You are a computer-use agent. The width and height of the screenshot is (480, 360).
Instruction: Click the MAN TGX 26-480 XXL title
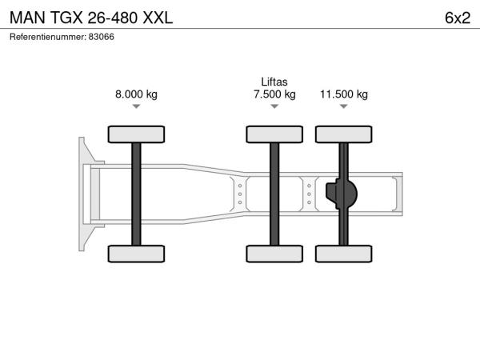click(x=91, y=18)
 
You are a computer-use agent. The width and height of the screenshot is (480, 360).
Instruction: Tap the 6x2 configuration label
click(x=458, y=18)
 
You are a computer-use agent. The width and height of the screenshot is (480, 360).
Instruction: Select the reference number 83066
click(x=102, y=37)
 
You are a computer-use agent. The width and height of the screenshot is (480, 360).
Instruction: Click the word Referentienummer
click(x=48, y=37)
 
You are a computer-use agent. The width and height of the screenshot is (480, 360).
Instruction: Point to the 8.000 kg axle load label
click(x=136, y=94)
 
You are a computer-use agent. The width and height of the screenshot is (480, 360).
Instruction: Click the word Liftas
click(x=274, y=82)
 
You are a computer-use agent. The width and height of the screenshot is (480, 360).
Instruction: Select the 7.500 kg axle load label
click(x=274, y=94)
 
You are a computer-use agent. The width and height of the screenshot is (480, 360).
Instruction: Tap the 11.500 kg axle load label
click(x=344, y=94)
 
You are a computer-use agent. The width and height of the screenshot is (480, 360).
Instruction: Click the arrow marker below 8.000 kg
click(x=136, y=106)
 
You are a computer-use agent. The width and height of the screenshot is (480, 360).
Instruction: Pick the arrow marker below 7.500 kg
click(x=274, y=106)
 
